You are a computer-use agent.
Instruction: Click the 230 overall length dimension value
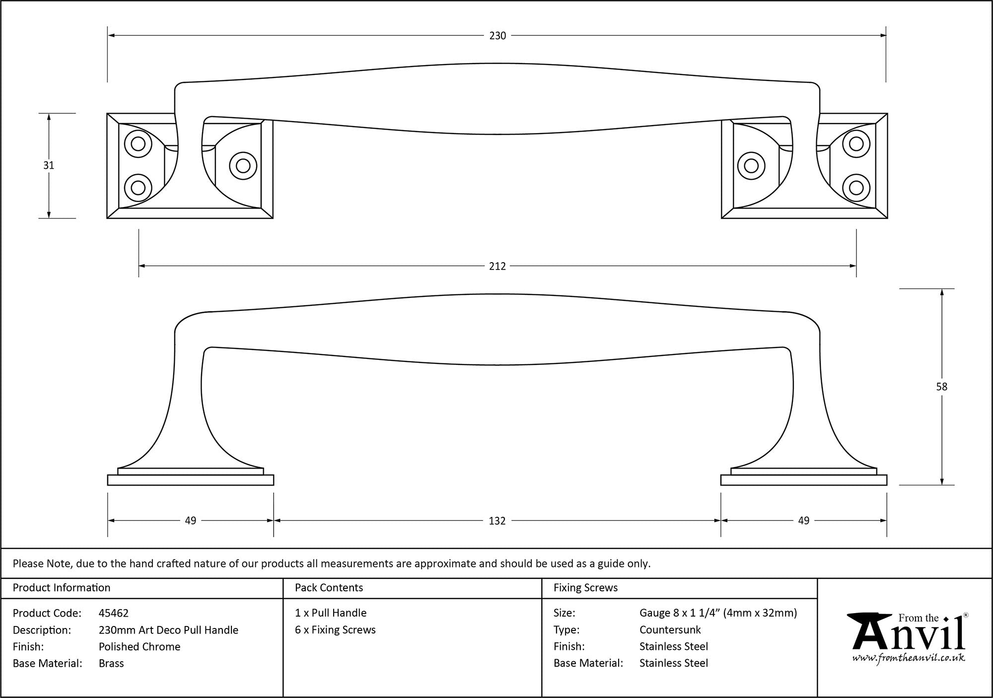(497, 36)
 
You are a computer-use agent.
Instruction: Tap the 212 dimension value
(497, 266)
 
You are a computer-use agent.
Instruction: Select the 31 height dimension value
(48, 165)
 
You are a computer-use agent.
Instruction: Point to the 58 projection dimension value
(941, 387)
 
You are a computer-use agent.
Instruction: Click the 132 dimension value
(497, 521)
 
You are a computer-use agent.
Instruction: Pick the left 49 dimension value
(191, 521)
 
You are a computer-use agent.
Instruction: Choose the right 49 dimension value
(803, 521)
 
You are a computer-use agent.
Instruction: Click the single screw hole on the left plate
(243, 166)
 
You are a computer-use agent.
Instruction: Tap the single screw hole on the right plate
(751, 166)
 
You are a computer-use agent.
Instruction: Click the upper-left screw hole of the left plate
(138, 144)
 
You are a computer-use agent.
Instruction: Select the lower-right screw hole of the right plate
(856, 188)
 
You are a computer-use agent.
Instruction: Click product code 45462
(114, 613)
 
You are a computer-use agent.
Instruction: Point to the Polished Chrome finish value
(140, 646)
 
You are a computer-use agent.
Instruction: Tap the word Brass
(111, 663)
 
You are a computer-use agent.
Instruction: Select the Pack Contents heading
(329, 588)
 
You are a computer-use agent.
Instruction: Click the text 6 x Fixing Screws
(335, 630)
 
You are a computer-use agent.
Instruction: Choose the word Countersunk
(670, 630)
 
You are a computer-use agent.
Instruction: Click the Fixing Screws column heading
(585, 588)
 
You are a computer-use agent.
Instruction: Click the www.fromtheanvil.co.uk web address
(909, 658)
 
